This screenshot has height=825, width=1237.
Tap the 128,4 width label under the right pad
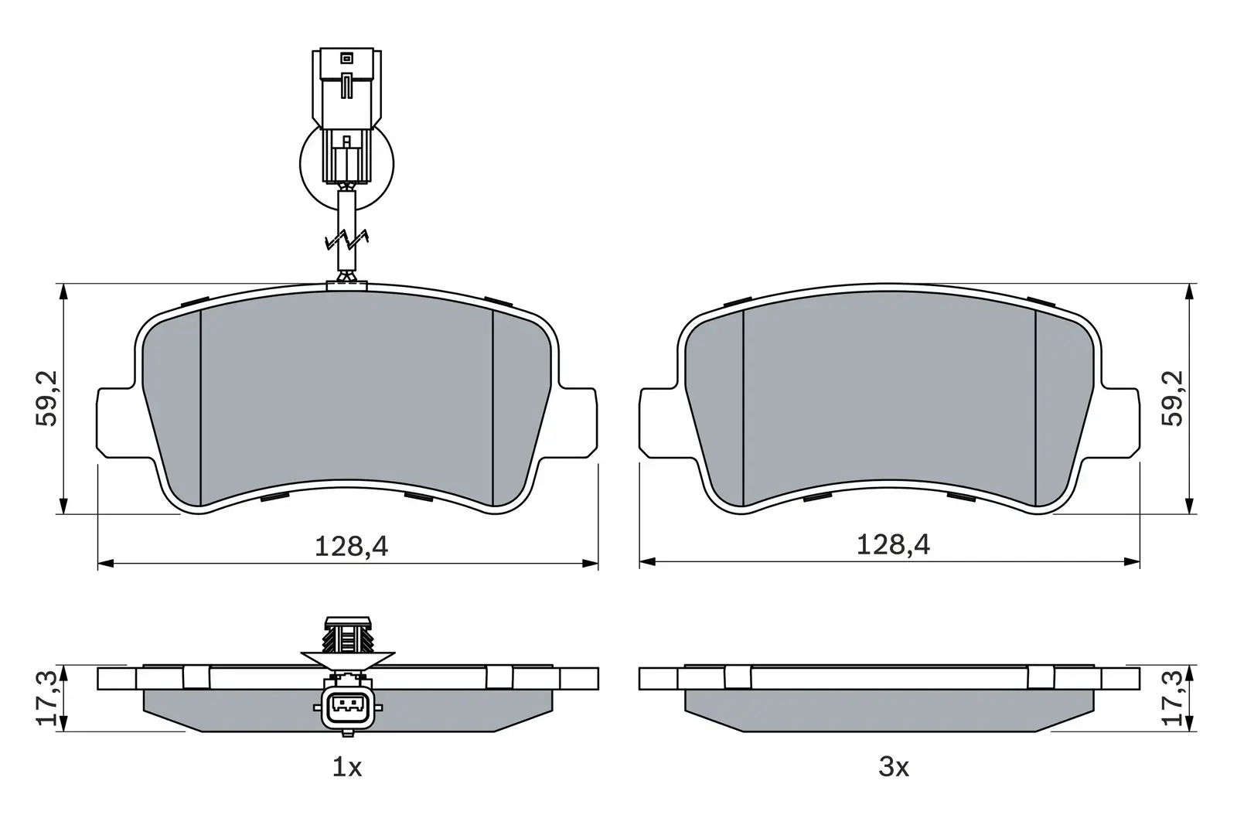[893, 546]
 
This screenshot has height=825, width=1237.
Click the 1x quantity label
[347, 767]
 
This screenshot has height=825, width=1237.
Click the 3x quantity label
[893, 767]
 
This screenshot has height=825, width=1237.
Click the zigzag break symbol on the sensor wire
[347, 240]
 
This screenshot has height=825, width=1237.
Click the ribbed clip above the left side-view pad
[347, 636]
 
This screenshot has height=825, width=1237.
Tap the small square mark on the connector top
[346, 57]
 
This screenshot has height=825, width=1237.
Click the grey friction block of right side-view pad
[889, 711]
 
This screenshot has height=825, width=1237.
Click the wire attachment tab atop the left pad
[346, 286]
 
